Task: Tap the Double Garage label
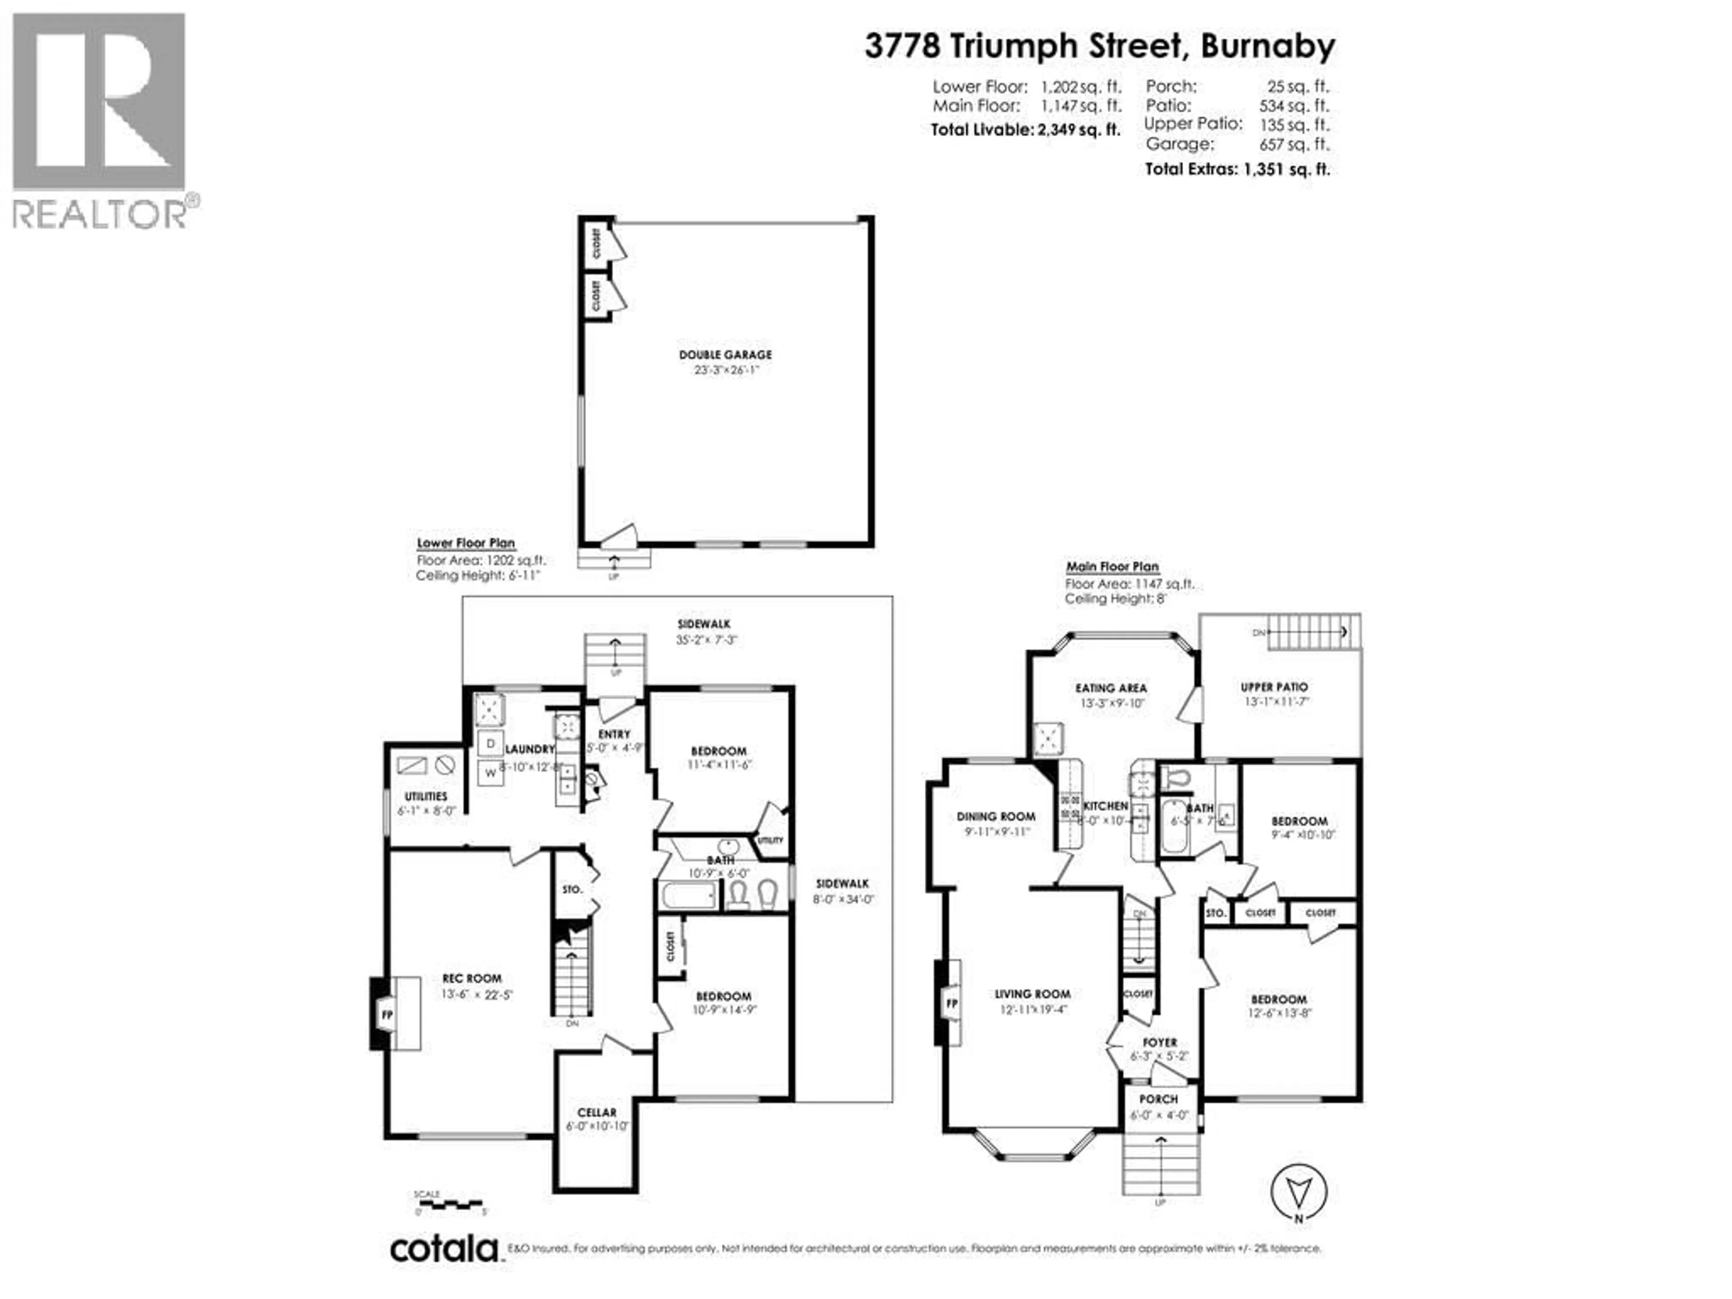[725, 355]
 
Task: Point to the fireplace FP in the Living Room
[951, 1003]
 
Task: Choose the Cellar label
[597, 1112]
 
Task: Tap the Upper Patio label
[1274, 686]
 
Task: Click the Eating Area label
[1110, 688]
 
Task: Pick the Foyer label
[1160, 1043]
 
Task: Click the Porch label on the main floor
[1158, 1099]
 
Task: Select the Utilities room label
[426, 796]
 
